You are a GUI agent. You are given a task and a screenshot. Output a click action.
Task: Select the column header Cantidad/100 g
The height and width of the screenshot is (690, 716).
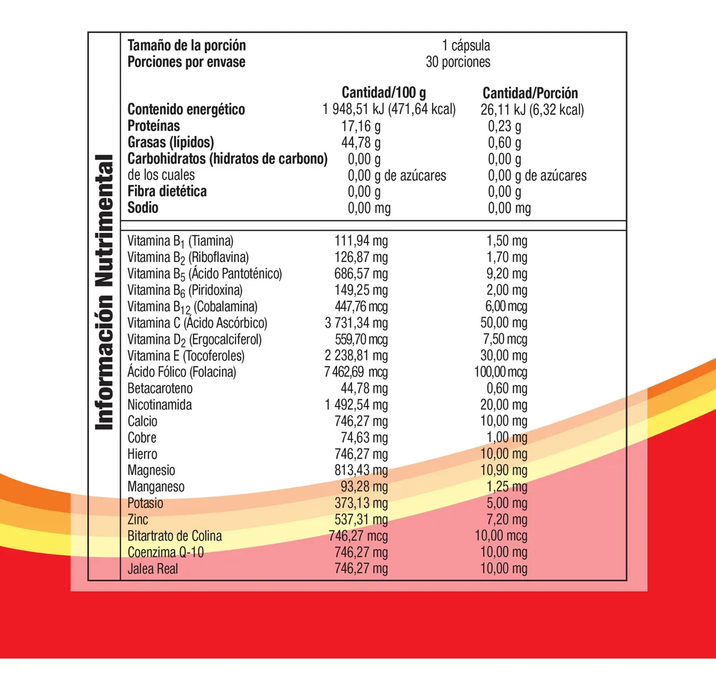coord(384,93)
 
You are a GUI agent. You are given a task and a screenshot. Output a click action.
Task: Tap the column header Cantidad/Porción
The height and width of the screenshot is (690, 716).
coord(530,93)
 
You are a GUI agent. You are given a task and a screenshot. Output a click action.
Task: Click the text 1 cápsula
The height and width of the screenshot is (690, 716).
coord(466,45)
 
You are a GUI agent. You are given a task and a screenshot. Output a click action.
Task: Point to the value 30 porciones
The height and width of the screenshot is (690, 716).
coord(458,62)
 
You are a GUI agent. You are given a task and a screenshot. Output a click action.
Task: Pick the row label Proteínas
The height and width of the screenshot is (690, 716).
coord(153,126)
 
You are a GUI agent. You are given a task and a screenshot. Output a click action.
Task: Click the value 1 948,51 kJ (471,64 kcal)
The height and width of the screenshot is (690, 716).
coord(389,109)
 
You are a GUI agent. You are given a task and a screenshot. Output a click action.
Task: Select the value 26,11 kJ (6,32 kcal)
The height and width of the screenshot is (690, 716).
coord(532,110)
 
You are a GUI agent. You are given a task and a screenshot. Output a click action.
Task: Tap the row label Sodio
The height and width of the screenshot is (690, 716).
coord(143,208)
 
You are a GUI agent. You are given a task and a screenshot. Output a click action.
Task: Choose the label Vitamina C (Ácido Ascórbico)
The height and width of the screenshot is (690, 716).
coord(197,323)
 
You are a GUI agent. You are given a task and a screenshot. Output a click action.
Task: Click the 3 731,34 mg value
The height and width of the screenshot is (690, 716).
coord(356,323)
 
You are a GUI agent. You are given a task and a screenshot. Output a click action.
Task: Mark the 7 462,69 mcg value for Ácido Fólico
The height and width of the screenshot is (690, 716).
coord(356,372)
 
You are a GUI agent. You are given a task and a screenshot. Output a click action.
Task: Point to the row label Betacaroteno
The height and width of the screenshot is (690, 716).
coord(160,389)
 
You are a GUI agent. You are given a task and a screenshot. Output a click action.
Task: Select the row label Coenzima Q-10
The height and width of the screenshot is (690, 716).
coord(165,552)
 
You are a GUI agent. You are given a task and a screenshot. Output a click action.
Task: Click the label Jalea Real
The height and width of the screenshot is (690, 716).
coord(153,569)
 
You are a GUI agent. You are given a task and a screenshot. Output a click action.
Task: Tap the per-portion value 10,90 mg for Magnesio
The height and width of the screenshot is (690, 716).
coord(504,470)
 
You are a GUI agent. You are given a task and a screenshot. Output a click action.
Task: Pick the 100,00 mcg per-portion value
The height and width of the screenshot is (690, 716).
coord(501,372)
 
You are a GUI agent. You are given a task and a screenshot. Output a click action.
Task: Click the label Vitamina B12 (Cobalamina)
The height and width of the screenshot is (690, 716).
coord(192,307)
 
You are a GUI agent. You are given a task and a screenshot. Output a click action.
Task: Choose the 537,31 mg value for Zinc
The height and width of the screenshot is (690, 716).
coord(361,519)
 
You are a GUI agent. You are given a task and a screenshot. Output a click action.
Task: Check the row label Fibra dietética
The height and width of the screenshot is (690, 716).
coord(167,192)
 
